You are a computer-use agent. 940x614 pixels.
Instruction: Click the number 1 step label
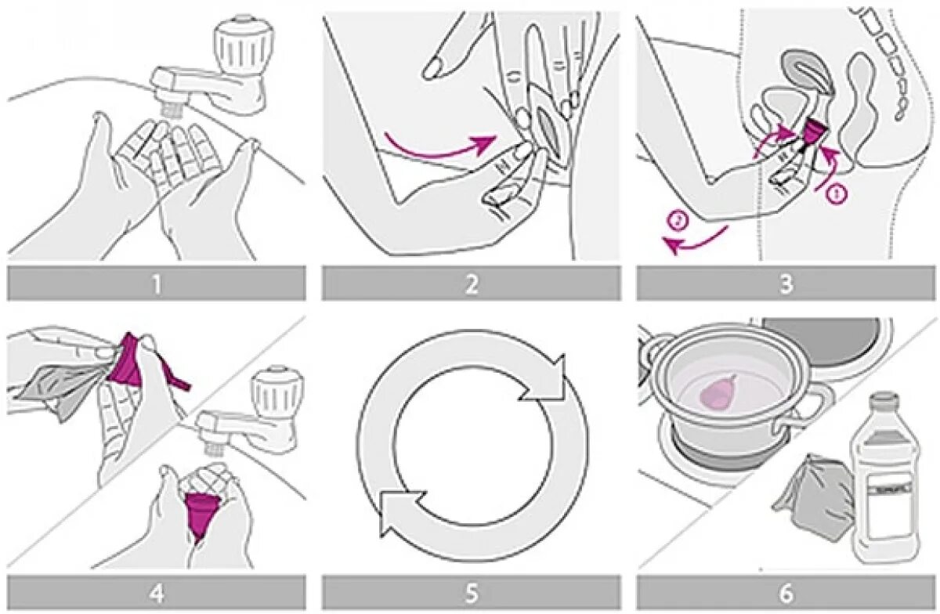156,283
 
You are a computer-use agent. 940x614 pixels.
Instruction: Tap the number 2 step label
471,283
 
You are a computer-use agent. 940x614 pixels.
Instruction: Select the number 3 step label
786,283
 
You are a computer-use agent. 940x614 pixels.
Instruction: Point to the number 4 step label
156,593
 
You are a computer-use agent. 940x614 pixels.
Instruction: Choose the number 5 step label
471,593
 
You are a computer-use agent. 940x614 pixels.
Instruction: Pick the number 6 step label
786,593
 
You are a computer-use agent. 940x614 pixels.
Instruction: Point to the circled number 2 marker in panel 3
678,222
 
